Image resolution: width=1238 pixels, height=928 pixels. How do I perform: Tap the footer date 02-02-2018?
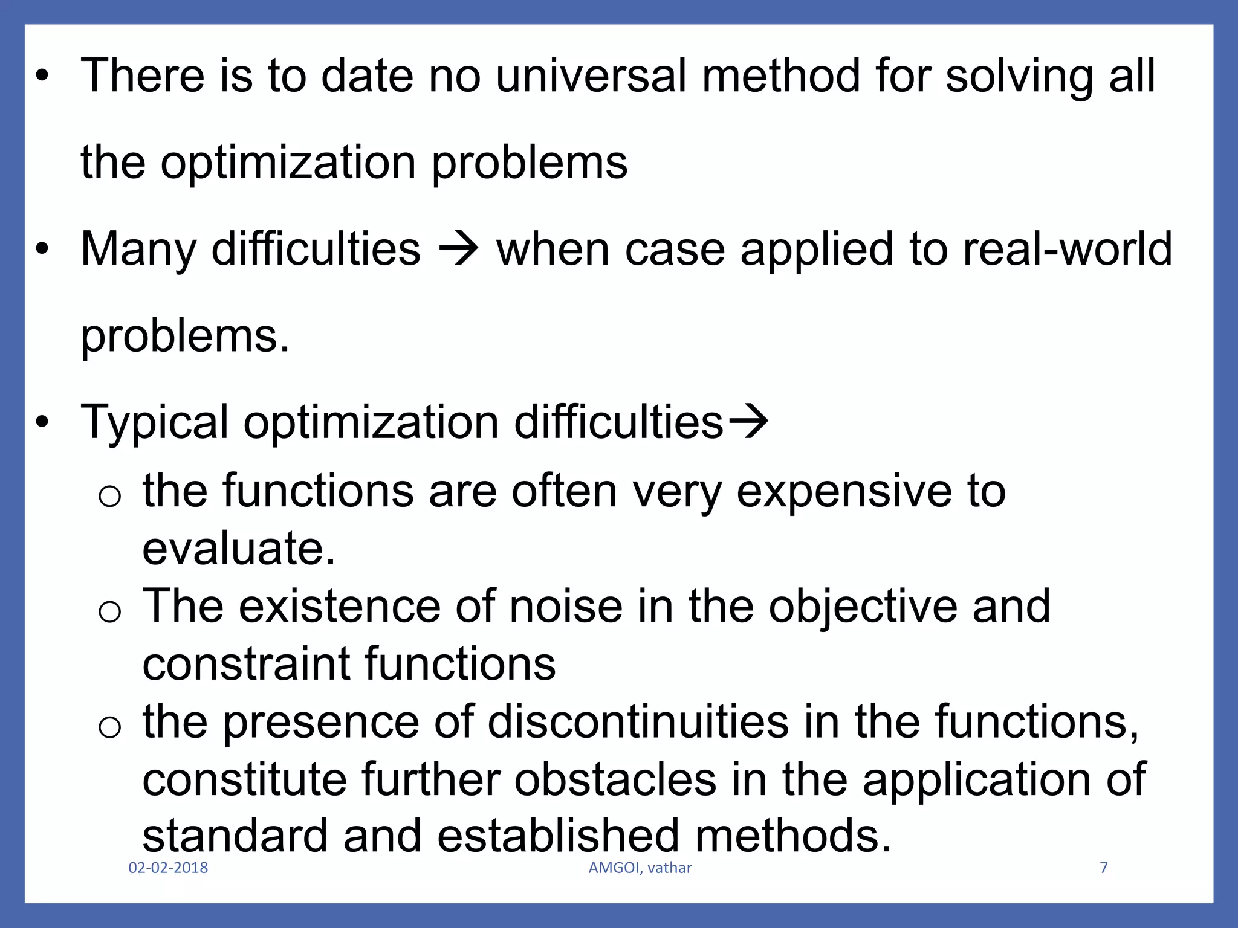coord(168,868)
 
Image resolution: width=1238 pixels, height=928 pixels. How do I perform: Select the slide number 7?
coord(1104,868)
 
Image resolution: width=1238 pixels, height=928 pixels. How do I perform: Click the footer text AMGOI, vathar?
coord(640,868)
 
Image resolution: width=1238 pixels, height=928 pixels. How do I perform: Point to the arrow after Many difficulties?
coord(458,250)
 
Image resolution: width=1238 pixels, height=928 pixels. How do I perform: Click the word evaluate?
coord(238,548)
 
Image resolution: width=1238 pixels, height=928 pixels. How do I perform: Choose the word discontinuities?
coord(638,722)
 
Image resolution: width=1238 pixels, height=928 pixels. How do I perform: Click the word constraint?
coord(246,664)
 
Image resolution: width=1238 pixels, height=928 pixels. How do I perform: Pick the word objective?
coord(863,607)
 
